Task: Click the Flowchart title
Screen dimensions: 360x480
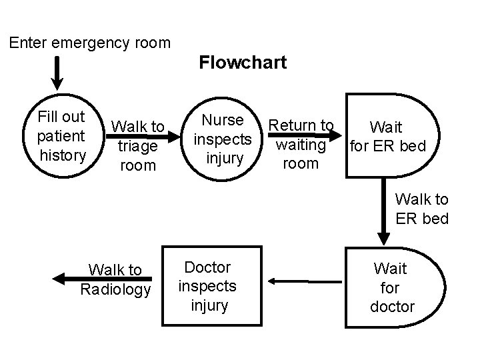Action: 243,63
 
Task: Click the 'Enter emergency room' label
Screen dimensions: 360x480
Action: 90,43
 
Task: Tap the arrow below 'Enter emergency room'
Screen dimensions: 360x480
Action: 59,72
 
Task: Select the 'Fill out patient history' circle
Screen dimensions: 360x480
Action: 62,137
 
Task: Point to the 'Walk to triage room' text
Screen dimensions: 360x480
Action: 138,145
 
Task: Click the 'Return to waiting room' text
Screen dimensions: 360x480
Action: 301,144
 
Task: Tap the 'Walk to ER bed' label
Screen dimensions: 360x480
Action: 421,209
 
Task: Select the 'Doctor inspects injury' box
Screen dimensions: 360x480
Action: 207,287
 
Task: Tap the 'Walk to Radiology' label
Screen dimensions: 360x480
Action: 115,279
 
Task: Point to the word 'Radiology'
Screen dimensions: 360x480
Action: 115,289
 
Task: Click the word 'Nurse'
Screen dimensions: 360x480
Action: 222,121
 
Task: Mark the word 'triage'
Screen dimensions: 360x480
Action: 137,145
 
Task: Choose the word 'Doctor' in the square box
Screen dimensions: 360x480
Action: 207,267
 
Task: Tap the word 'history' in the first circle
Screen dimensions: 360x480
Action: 63,155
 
